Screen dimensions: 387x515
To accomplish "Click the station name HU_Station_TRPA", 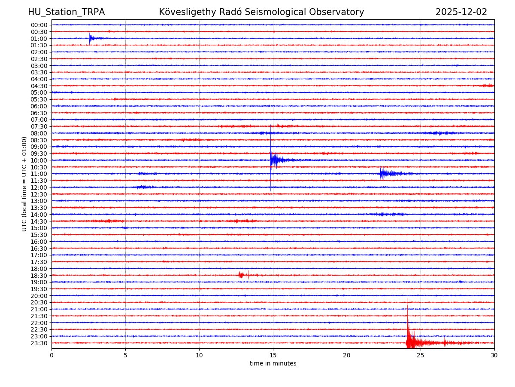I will click(66, 12).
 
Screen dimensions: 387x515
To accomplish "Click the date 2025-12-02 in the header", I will click(461, 12).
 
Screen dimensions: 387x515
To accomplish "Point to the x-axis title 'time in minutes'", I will click(273, 364).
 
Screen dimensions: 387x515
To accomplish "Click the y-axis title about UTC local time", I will click(24, 184).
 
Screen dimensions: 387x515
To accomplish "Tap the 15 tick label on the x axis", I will click(273, 356).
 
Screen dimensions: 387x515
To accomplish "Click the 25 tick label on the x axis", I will click(421, 356).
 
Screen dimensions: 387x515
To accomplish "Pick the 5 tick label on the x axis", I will click(125, 356).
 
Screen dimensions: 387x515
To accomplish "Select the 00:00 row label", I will click(39, 25).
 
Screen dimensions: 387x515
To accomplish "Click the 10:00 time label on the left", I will click(39, 160).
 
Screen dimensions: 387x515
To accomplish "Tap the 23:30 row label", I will click(39, 343).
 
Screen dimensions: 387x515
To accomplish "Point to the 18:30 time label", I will click(39, 276).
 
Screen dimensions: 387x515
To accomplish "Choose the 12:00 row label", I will click(39, 187).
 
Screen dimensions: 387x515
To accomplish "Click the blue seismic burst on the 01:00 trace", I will click(91, 39).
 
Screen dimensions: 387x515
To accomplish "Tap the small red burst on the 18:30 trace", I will click(241, 275).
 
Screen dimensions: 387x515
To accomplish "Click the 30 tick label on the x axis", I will click(494, 356).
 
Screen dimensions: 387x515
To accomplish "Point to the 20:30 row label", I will click(39, 303).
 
